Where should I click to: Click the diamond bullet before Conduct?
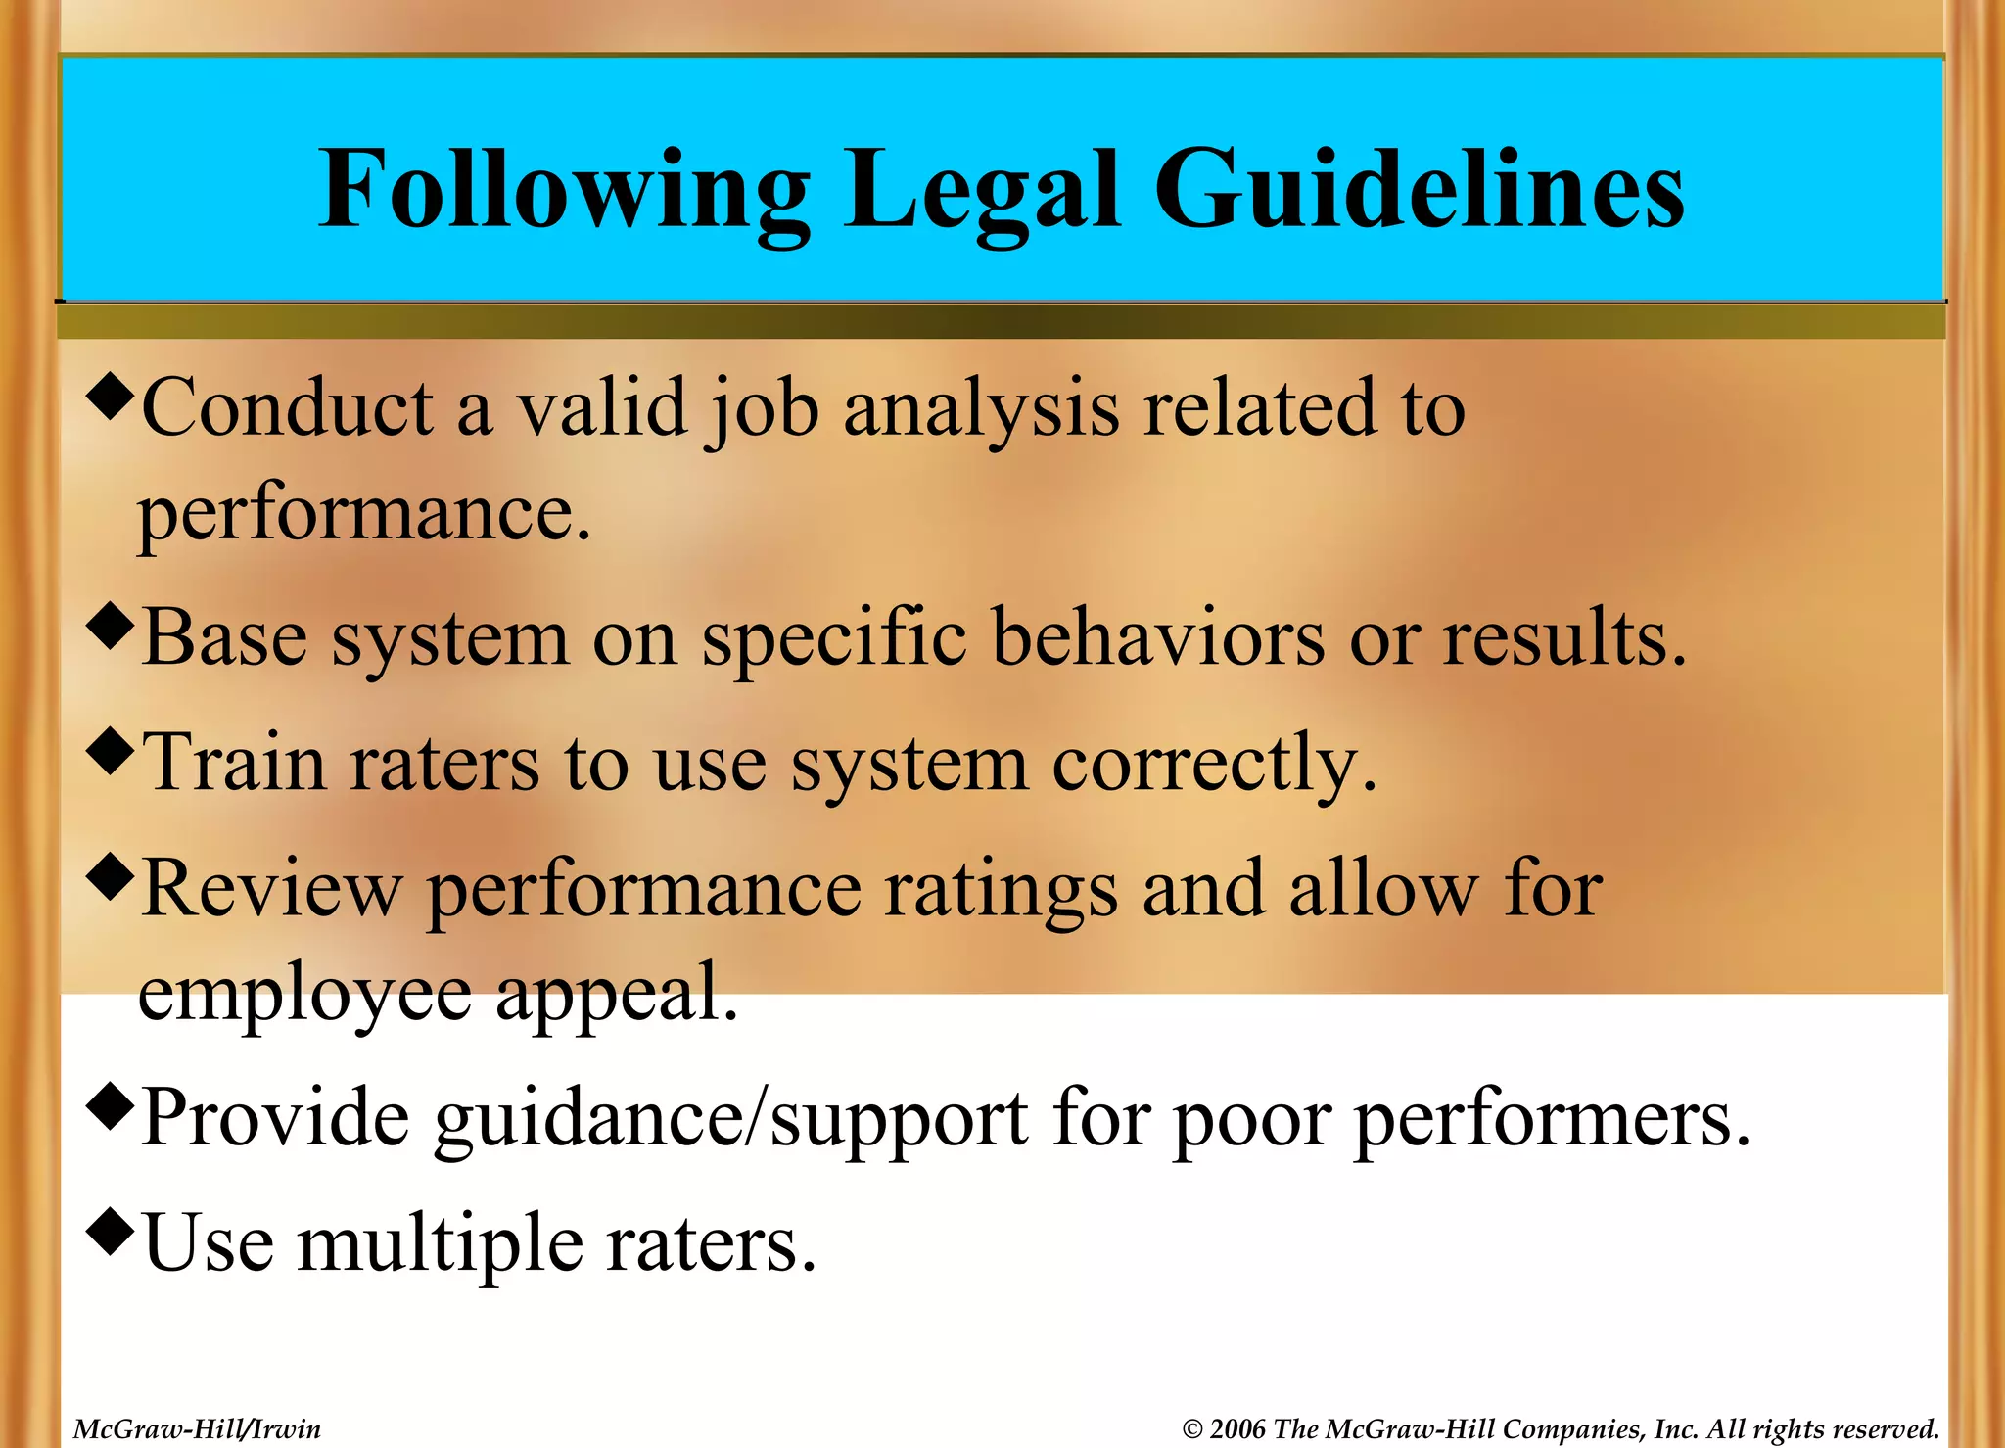coord(109,396)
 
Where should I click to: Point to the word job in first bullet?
coord(762,409)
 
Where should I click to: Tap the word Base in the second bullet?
coord(224,638)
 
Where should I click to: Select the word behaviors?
coord(1158,638)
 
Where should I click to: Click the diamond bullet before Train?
coord(109,751)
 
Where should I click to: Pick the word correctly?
coord(1214,765)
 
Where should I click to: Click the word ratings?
coord(1000,889)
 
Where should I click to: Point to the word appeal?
coord(616,993)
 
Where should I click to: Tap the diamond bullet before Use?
coord(109,1231)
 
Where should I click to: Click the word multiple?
coord(441,1244)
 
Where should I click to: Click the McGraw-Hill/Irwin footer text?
coord(197,1429)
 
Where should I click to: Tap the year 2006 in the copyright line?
coord(1237,1429)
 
